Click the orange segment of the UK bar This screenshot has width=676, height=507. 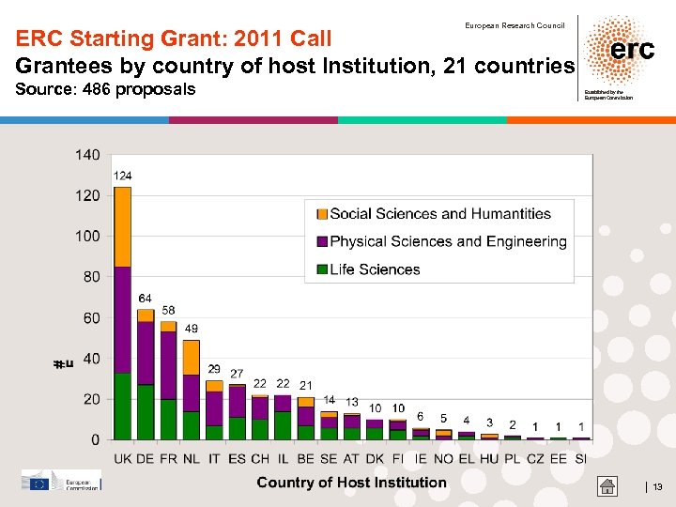pos(122,226)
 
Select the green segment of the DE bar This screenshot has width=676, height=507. pos(146,411)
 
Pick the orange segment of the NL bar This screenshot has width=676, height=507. pos(192,357)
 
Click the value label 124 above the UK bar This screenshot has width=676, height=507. pos(122,176)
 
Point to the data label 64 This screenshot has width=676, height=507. pos(146,298)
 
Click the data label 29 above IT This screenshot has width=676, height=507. pos(214,369)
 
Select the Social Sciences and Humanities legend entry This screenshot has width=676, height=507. pos(439,214)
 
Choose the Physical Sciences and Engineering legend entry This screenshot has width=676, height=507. pos(448,241)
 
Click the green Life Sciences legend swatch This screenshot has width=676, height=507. pos(321,269)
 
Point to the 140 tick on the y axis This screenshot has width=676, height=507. pos(87,154)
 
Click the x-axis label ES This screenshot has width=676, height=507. pos(237,457)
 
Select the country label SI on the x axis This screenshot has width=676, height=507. pos(581,457)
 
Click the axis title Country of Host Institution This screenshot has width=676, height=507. pos(352,483)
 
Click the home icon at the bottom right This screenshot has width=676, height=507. pos(608,485)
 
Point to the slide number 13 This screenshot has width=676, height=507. pos(657,486)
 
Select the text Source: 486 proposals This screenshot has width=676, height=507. pos(106,89)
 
